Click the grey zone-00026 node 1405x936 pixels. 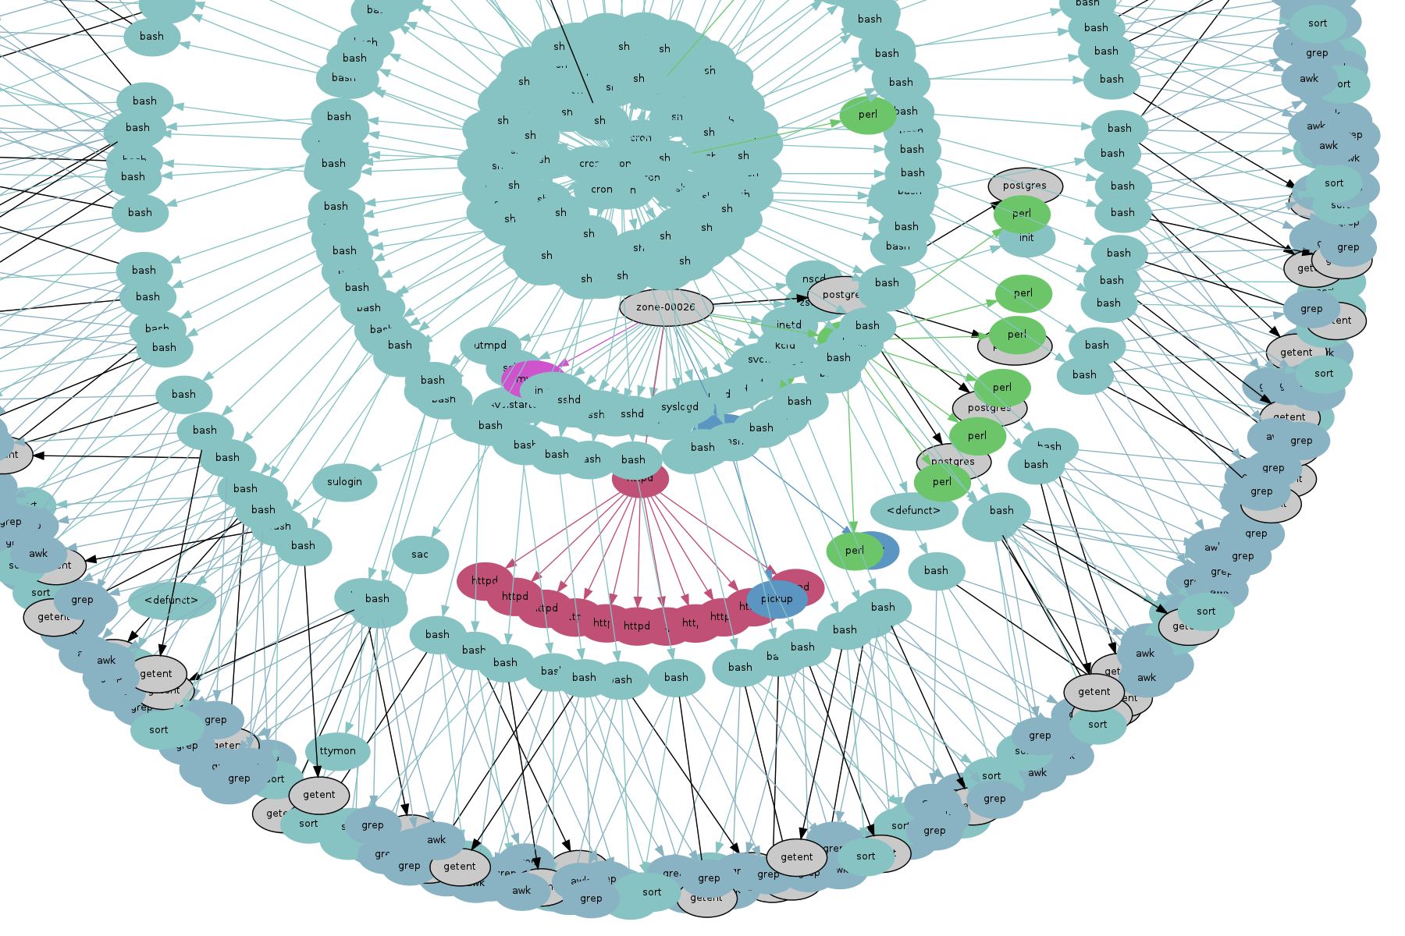click(x=666, y=307)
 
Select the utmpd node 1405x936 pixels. click(x=490, y=346)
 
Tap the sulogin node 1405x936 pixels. click(x=344, y=482)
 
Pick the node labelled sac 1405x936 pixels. click(x=420, y=555)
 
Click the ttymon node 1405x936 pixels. click(x=337, y=751)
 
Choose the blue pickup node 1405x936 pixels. click(x=777, y=599)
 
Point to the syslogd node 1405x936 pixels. click(x=679, y=407)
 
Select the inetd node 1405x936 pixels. click(x=788, y=324)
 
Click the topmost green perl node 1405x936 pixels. click(x=867, y=115)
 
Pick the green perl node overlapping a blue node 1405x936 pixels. click(x=854, y=551)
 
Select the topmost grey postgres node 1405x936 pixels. click(x=1025, y=184)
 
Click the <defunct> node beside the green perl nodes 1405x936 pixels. click(x=913, y=511)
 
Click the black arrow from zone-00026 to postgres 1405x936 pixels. click(x=757, y=300)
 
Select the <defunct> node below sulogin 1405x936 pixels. click(x=171, y=601)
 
